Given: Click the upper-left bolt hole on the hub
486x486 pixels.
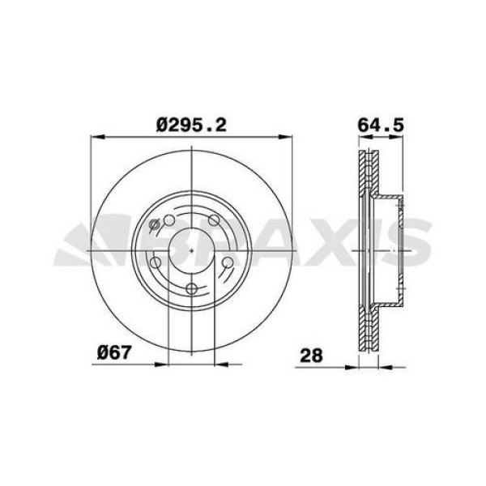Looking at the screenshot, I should pyautogui.click(x=168, y=220).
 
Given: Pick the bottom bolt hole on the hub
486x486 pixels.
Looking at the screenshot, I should pyautogui.click(x=191, y=290).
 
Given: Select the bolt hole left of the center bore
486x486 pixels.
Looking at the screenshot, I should pyautogui.click(x=155, y=262).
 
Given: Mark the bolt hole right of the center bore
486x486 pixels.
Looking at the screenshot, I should pyautogui.click(x=228, y=262).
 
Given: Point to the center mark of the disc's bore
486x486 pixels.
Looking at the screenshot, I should pyautogui.click(x=191, y=251).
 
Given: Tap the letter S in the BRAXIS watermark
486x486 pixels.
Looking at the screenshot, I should pyautogui.click(x=405, y=245).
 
